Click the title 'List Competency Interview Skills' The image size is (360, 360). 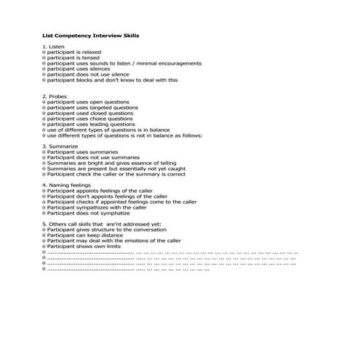coord(92,34)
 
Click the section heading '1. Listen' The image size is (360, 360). coord(55,47)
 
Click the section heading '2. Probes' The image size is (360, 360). coord(56,96)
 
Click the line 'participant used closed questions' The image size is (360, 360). coord(90,113)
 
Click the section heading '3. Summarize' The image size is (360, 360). coord(62,145)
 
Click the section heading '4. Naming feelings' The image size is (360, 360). coord(68,185)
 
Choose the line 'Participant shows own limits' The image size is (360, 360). coord(87,247)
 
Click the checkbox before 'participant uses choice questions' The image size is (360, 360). coord(44,119)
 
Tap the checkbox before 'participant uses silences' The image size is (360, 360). coord(44,69)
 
